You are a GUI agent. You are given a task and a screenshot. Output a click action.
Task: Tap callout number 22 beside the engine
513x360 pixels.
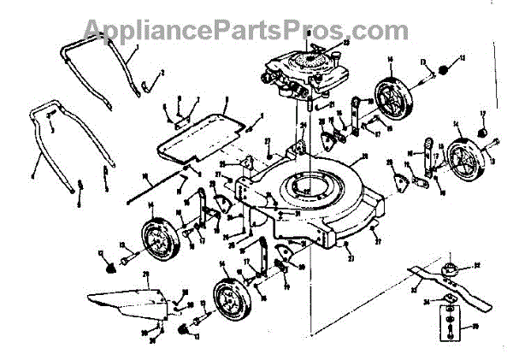[x=345, y=42]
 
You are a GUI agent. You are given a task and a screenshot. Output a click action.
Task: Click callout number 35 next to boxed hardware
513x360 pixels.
[x=476, y=326]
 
